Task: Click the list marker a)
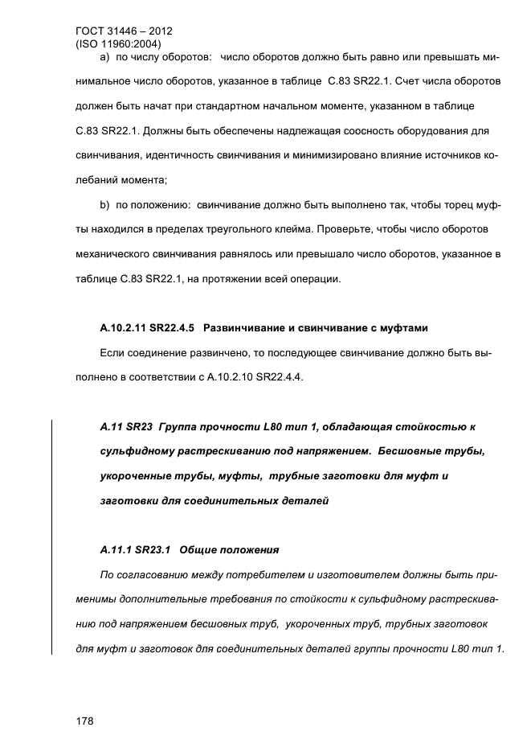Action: tap(104, 59)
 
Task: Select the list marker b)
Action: tap(104, 206)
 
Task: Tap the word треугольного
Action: tap(231, 228)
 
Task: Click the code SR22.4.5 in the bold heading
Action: tap(175, 328)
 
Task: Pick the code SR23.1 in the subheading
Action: tap(151, 551)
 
